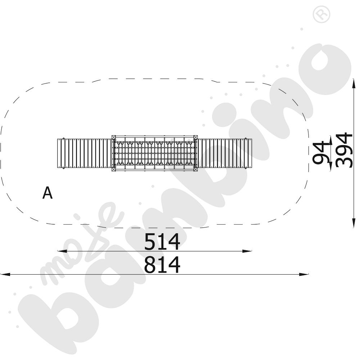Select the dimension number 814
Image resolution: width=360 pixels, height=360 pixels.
(162, 265)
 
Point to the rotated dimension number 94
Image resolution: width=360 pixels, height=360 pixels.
(321, 152)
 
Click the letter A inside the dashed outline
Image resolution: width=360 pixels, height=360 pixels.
(48, 193)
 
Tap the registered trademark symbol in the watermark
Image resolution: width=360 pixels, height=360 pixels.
(321, 14)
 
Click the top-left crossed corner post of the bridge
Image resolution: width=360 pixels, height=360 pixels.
(113, 137)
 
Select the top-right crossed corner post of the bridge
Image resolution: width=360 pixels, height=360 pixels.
(195, 137)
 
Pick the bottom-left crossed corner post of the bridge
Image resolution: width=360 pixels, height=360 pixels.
(113, 170)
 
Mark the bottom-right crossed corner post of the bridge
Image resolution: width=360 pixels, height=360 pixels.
(195, 170)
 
